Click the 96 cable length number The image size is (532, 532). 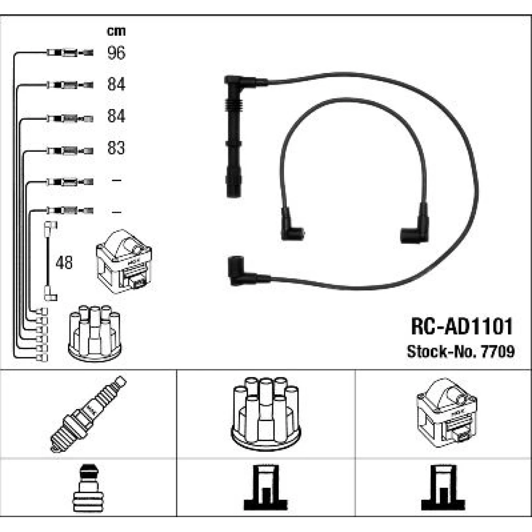116,53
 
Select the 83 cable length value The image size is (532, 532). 116,148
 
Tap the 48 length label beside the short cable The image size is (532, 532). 64,263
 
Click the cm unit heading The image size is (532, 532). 116,31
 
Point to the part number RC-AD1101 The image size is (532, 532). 461,327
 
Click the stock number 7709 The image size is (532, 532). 498,352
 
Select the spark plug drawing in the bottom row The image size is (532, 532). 88,413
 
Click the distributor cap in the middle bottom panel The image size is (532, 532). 265,413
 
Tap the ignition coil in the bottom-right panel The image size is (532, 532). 446,413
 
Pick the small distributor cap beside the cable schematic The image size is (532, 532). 95,333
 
